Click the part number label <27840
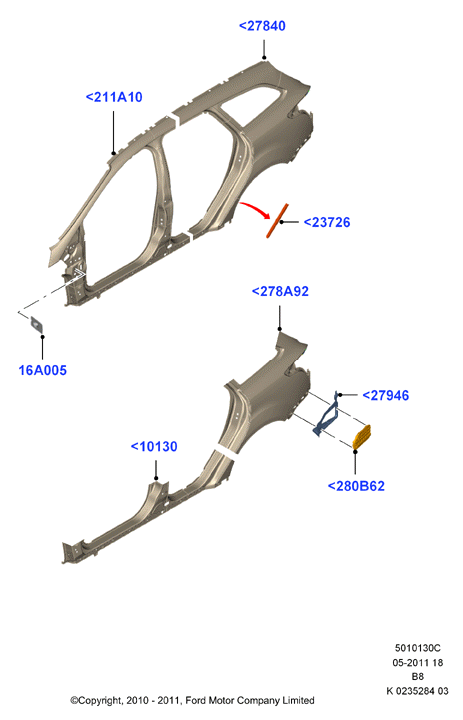262,26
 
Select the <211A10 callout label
114,97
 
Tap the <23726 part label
327,222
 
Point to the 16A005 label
42,370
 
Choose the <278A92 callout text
280,291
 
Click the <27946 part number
385,395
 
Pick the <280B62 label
356,486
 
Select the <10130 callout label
154,446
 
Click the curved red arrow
254,209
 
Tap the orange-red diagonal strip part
277,221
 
